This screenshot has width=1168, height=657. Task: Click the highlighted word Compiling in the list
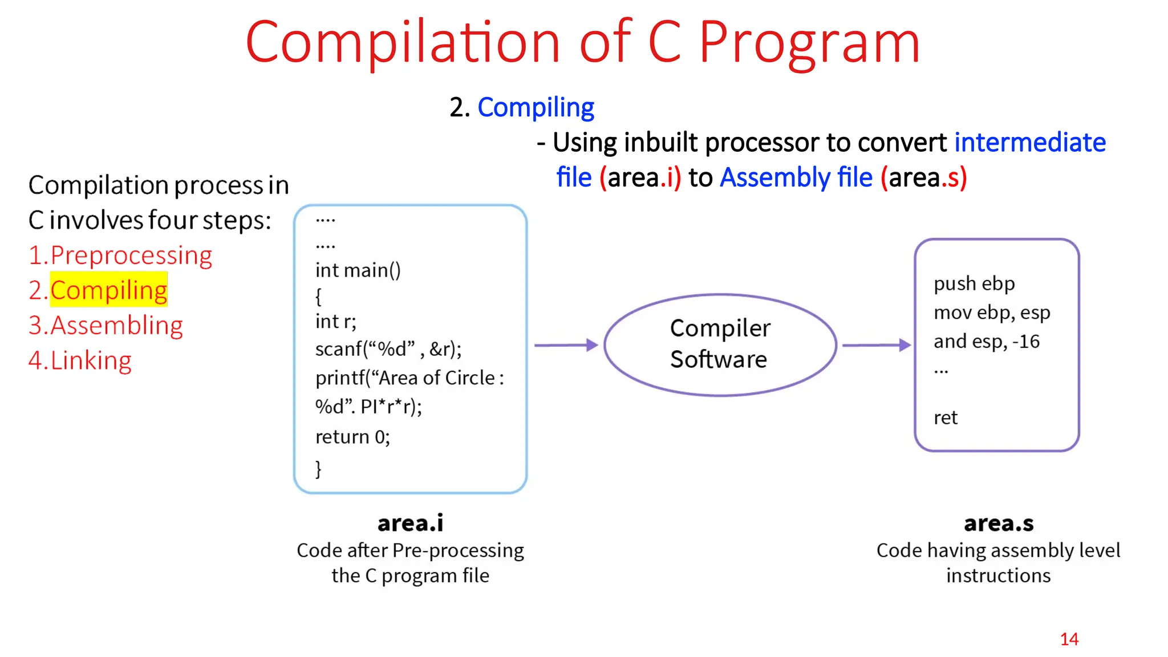click(108, 290)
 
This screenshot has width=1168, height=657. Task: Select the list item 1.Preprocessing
click(120, 255)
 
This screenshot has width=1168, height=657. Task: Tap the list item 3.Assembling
click(106, 326)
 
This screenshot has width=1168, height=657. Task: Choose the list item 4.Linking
click(80, 360)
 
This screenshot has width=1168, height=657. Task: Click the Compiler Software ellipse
click(720, 344)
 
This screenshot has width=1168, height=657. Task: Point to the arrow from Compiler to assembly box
click(876, 345)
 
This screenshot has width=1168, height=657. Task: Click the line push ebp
click(974, 283)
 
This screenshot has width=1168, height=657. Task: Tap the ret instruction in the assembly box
click(945, 417)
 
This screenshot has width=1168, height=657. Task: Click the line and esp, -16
click(986, 341)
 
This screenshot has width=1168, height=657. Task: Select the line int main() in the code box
click(358, 270)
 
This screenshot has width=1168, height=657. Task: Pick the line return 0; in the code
click(352, 437)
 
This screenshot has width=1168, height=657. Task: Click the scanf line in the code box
click(388, 349)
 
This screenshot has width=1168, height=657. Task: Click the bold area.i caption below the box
click(410, 523)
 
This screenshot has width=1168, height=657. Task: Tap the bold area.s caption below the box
click(999, 523)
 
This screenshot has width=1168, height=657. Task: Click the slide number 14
click(1069, 639)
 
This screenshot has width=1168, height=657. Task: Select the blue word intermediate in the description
click(1030, 142)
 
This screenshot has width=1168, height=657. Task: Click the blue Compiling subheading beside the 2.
click(536, 107)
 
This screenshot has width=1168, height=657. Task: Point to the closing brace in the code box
click(318, 469)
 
